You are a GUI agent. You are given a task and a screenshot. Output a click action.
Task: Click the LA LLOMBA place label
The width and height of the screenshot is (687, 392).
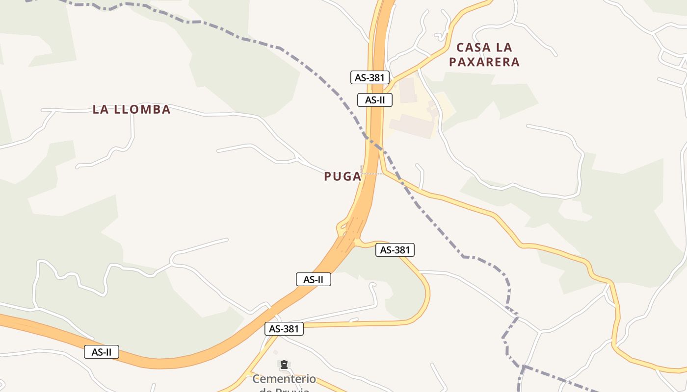[132, 109]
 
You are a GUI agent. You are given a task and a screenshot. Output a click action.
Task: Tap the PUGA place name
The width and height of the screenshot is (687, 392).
[343, 176]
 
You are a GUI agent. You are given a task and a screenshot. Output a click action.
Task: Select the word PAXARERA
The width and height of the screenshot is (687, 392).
[484, 62]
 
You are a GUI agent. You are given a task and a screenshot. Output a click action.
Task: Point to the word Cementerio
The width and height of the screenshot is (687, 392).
[284, 379]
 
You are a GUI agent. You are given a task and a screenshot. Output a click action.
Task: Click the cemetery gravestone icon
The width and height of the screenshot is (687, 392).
[284, 365]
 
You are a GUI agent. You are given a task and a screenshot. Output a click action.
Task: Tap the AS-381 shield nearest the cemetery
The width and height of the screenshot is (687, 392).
[284, 329]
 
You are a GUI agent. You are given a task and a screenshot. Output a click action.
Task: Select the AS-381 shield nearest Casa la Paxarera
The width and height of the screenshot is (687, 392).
[370, 77]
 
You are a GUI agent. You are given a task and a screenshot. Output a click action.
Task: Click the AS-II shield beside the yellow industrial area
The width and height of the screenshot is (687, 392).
[375, 100]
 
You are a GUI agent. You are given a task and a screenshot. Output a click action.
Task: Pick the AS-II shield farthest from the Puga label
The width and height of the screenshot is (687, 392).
[102, 352]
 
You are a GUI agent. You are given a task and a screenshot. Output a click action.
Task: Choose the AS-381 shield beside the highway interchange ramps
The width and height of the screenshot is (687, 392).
[395, 250]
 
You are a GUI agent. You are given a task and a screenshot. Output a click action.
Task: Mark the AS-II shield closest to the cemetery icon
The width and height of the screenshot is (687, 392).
[314, 279]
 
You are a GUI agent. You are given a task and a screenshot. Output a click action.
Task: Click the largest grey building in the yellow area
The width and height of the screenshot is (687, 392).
[412, 125]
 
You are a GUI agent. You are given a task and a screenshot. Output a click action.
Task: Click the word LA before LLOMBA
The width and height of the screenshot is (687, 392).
[100, 109]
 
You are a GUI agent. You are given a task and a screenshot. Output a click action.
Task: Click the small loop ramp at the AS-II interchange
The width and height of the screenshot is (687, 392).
[340, 226]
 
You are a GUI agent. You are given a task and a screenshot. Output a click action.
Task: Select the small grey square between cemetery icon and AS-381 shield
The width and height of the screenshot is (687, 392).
[275, 352]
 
